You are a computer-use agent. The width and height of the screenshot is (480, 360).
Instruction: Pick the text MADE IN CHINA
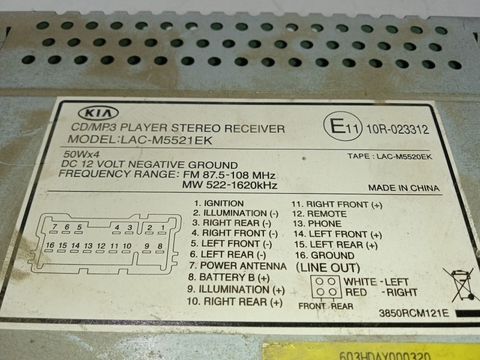pyautogui.click(x=404, y=188)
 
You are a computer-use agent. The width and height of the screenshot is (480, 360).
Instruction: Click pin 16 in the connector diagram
pyautogui.click(x=49, y=246)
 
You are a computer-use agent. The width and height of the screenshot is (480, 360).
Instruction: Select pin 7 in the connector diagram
pyautogui.click(x=55, y=226)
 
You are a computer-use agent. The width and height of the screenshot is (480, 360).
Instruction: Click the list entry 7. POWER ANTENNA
pyautogui.click(x=235, y=265)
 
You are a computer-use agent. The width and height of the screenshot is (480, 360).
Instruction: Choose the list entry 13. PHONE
pyautogui.click(x=318, y=224)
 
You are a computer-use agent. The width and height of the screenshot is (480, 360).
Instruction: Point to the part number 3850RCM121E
pyautogui.click(x=413, y=313)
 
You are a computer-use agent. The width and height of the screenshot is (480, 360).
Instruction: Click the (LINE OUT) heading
pyautogui.click(x=328, y=268)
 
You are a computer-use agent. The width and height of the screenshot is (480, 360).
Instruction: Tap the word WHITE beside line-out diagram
pyautogui.click(x=360, y=281)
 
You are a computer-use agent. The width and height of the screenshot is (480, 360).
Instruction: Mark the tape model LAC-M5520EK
pyautogui.click(x=389, y=157)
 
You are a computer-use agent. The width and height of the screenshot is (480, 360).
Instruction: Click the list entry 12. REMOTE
pyautogui.click(x=319, y=214)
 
